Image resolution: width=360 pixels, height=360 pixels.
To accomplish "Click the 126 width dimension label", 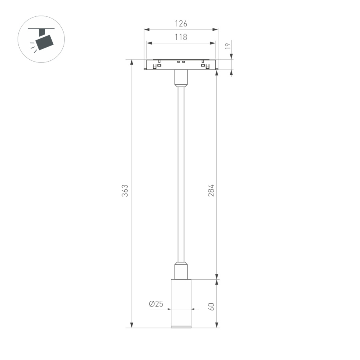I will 181,24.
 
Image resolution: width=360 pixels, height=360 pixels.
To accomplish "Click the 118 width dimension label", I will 181,37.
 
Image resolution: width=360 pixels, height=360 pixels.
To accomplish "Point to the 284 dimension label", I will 212,190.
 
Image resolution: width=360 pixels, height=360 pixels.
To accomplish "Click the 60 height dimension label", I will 212,306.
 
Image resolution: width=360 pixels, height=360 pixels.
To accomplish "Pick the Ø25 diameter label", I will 156,304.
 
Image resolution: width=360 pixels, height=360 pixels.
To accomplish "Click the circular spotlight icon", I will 41,39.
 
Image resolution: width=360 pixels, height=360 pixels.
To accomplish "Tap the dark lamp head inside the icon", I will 44,42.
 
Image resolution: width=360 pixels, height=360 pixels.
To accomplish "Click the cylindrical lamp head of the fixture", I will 181,302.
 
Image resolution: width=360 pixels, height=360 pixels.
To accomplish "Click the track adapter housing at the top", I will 181,65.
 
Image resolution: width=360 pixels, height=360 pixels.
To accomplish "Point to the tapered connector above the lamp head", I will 181,270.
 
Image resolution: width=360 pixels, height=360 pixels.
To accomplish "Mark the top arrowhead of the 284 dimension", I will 217,74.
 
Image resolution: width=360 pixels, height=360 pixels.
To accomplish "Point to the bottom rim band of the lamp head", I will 181,327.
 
